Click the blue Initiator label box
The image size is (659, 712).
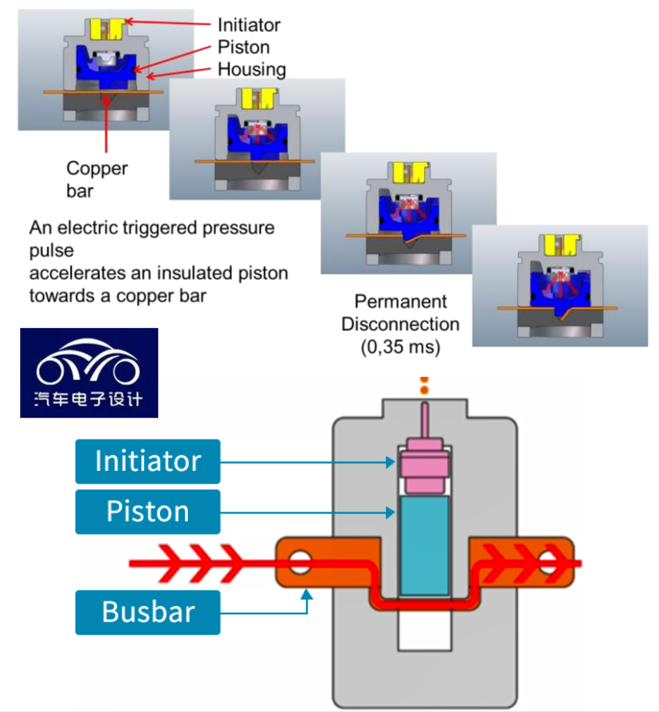click(x=148, y=462)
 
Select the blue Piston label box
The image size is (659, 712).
click(x=148, y=512)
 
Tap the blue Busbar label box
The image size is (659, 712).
click(x=148, y=612)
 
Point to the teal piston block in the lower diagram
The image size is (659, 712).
click(x=425, y=545)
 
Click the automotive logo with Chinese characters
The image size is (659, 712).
click(x=89, y=373)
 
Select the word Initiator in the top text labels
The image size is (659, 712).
click(x=249, y=25)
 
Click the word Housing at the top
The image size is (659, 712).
click(x=251, y=70)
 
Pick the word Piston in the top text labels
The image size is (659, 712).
click(x=243, y=47)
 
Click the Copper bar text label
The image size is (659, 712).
click(x=96, y=179)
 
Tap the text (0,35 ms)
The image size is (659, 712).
click(x=400, y=347)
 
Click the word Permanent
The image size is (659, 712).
click(x=400, y=302)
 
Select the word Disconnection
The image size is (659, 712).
click(x=400, y=324)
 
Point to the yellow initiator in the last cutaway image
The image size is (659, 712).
click(x=561, y=245)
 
